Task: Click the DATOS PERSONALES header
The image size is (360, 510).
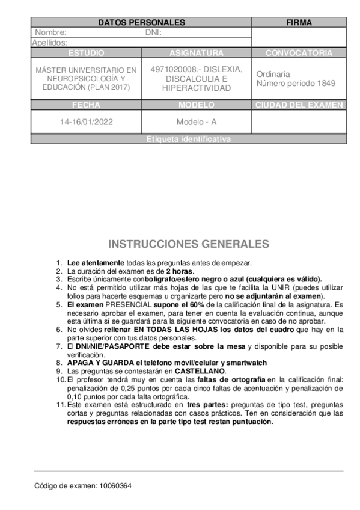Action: (x=141, y=23)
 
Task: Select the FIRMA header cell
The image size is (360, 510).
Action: (x=299, y=23)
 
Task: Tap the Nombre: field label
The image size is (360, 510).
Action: (x=50, y=32)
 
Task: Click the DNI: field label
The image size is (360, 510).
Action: (x=154, y=32)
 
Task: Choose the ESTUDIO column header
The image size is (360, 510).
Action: (x=86, y=53)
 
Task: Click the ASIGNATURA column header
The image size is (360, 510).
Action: (x=196, y=53)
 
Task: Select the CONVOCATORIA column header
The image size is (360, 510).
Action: (x=299, y=53)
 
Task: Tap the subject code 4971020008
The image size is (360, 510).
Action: (x=174, y=70)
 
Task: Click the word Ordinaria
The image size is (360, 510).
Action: (x=273, y=74)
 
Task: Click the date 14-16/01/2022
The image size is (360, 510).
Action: (x=86, y=121)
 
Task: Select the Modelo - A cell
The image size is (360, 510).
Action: (x=196, y=121)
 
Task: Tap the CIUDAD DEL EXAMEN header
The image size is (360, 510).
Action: (x=299, y=105)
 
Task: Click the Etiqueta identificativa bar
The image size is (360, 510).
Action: (x=188, y=140)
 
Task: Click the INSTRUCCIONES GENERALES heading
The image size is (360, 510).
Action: (x=189, y=244)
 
